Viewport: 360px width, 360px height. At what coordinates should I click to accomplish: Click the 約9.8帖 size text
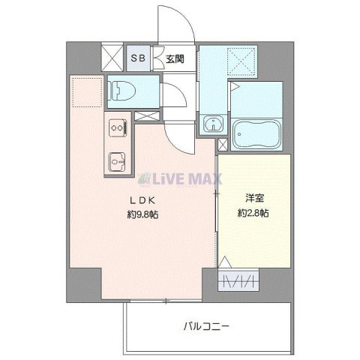point(142,214)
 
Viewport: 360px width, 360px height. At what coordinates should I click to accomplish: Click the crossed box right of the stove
point(147,116)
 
